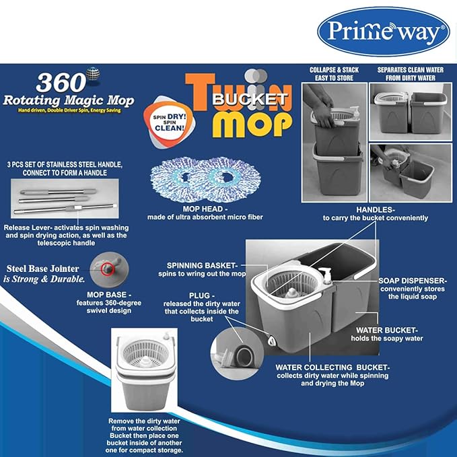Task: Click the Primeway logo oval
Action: tap(384, 32)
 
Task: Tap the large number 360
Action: tap(61, 83)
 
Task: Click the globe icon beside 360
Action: tap(93, 74)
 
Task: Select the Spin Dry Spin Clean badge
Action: tap(169, 122)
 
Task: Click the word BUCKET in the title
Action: tap(250, 99)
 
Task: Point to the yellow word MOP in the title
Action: tap(252, 124)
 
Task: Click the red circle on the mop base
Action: tap(108, 269)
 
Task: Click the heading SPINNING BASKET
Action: tap(203, 265)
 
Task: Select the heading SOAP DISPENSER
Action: tap(413, 281)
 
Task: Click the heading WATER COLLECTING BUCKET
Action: tap(332, 367)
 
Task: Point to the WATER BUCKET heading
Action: tap(387, 330)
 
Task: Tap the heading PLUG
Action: tap(202, 295)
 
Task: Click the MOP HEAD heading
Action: tap(205, 209)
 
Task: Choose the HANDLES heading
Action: tap(376, 210)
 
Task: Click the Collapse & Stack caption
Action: tap(334, 74)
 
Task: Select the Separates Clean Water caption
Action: tap(411, 74)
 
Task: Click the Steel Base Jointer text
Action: tap(42, 269)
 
